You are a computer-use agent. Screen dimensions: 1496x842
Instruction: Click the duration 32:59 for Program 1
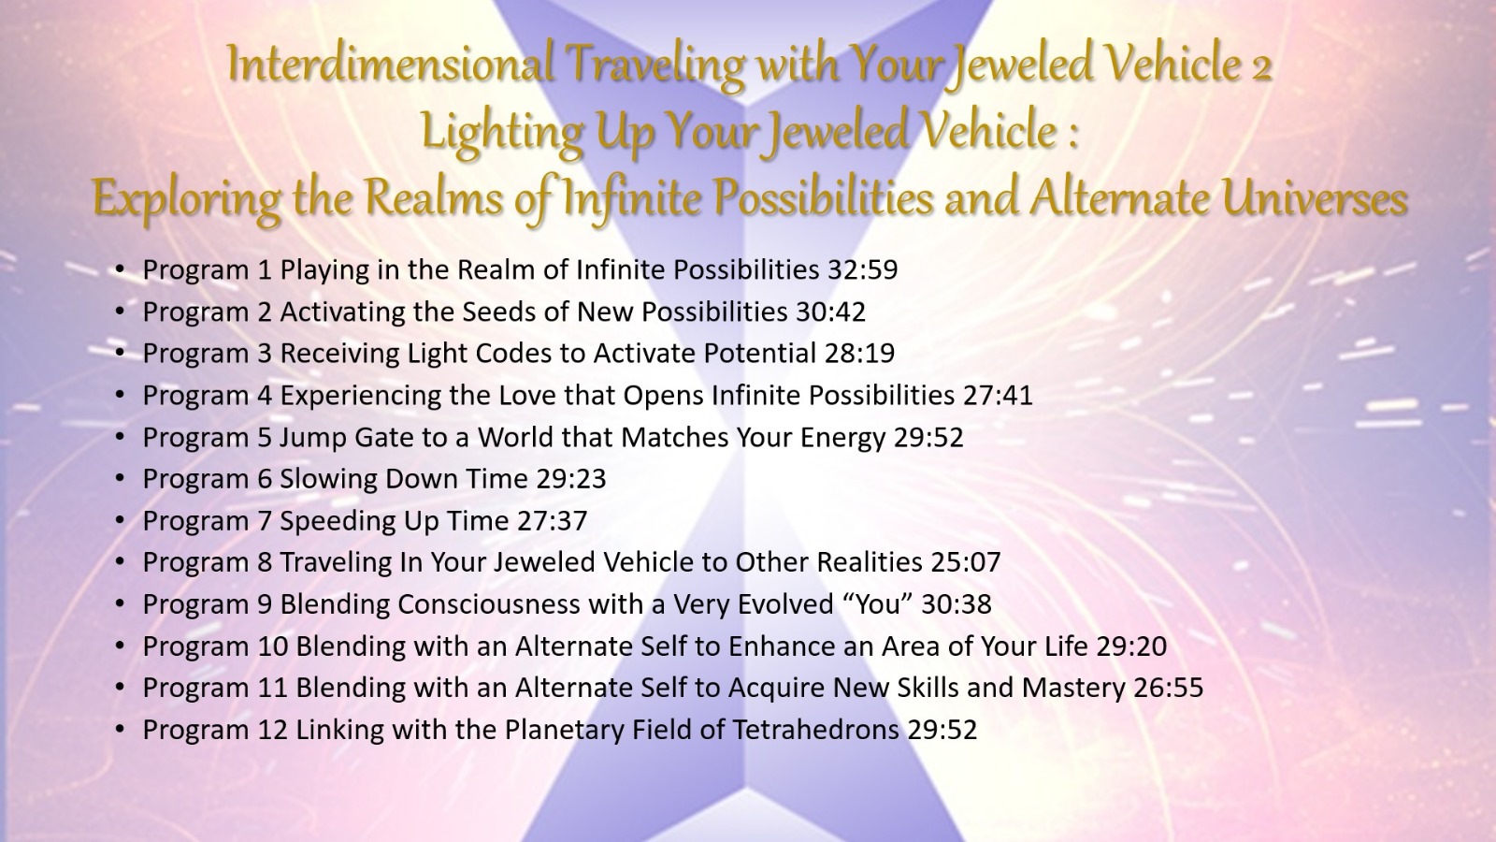tap(863, 270)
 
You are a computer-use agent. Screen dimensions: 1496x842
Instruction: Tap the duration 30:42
tap(831, 312)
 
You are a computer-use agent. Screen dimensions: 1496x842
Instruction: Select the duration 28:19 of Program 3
tap(859, 354)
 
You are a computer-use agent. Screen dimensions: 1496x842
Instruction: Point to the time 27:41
tap(998, 395)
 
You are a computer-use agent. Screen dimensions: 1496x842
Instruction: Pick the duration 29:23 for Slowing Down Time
tap(571, 478)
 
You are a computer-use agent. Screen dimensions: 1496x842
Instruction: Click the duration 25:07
tap(966, 562)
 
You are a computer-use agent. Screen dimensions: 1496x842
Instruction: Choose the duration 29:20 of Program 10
tap(1132, 646)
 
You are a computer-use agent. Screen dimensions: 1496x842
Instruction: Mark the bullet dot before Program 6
tap(120, 479)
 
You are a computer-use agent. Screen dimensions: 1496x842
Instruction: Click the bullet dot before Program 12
tap(120, 730)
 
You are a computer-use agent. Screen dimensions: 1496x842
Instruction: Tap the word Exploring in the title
tap(186, 200)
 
